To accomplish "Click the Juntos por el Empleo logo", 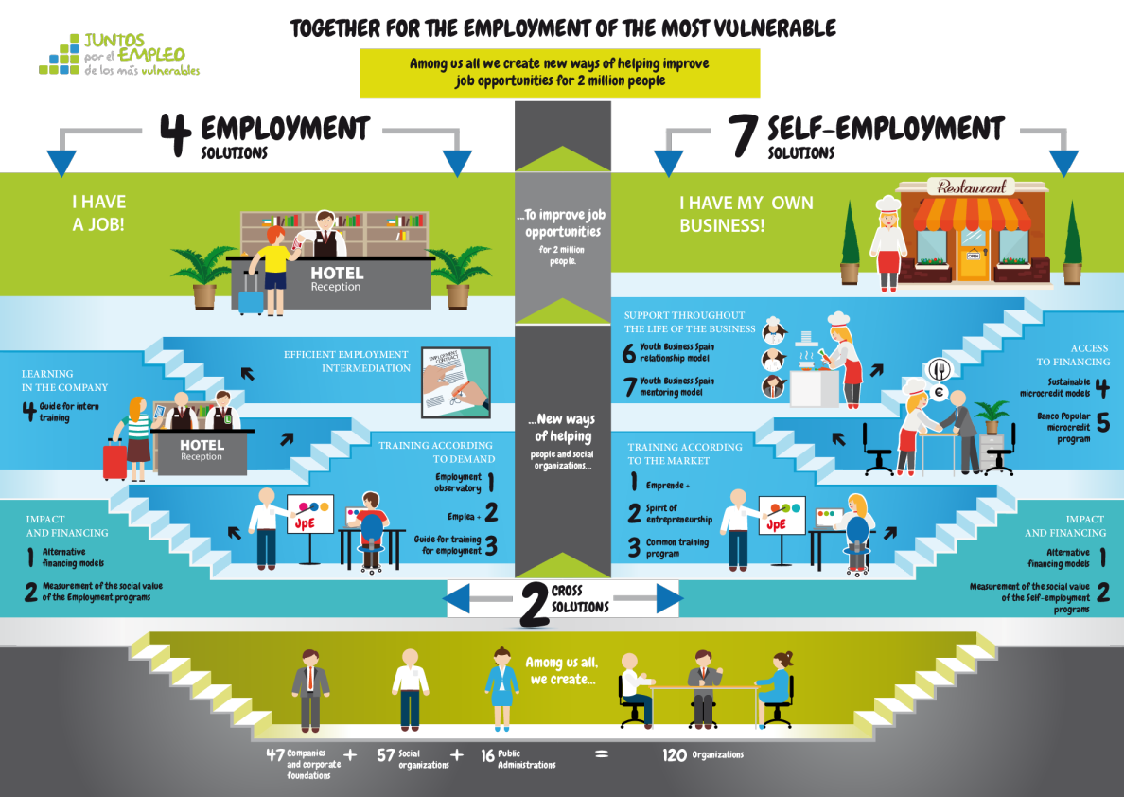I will pos(119,56).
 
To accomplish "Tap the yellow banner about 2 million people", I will pos(560,73).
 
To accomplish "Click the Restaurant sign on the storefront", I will pos(971,187).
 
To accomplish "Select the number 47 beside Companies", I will pos(275,755).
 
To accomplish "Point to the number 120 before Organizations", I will pos(675,755).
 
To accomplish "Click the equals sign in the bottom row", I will pos(599,755).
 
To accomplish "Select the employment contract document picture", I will pos(455,381).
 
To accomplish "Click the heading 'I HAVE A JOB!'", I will pos(99,211).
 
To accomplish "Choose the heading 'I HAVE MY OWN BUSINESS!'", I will pos(746,214).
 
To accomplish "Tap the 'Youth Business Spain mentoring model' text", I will pos(676,386).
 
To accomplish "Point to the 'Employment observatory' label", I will pos(458,483).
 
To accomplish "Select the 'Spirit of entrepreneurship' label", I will pos(678,514).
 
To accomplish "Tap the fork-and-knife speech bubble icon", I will pos(939,367).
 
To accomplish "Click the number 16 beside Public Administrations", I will pos(487,756).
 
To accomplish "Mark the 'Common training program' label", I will pos(676,548).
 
